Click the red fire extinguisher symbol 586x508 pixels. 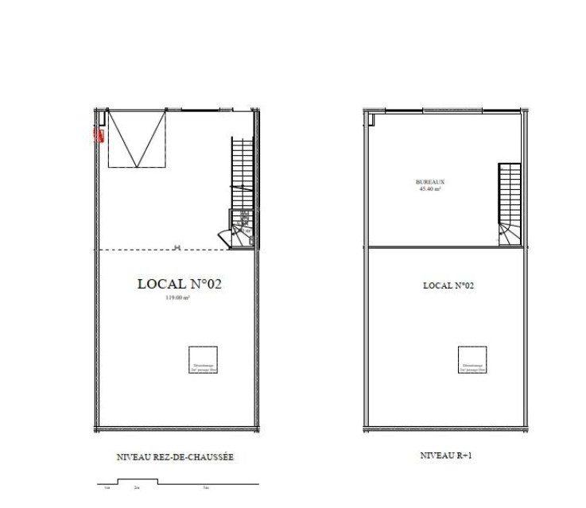(x=99, y=134)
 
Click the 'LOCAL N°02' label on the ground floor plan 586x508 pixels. (x=179, y=284)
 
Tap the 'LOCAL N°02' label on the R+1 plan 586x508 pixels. (x=444, y=285)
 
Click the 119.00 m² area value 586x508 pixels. (x=177, y=297)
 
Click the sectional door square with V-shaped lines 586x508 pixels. (x=138, y=139)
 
